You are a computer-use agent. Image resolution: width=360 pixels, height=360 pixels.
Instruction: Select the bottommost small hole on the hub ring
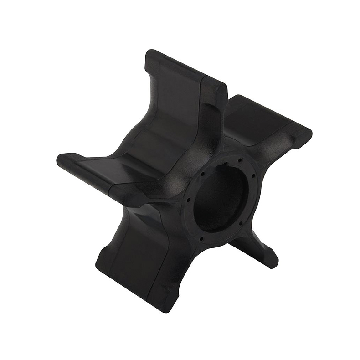pos(201,238)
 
